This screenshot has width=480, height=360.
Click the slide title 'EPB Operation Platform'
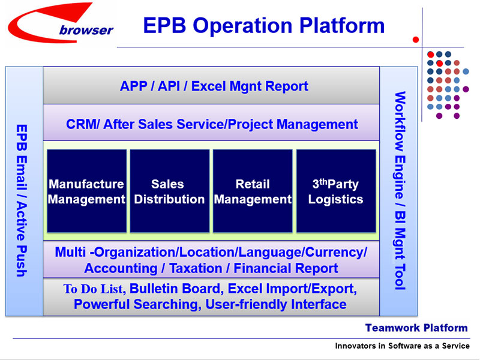point(263,25)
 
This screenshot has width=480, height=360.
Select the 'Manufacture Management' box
point(86,191)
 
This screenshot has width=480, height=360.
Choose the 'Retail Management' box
point(253,191)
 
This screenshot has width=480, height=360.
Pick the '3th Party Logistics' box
point(335,191)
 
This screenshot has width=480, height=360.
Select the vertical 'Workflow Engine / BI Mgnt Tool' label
point(400,191)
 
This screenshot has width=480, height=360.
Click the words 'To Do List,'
point(94,289)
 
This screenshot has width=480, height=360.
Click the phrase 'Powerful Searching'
point(136,305)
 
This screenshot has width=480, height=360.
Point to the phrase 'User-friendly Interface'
point(276,305)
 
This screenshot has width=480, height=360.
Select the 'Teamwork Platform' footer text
point(416,328)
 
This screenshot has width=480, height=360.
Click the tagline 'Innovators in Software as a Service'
point(402,346)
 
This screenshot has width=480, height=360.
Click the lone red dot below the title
point(415,40)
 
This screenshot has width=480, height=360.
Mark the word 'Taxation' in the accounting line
point(197,268)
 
